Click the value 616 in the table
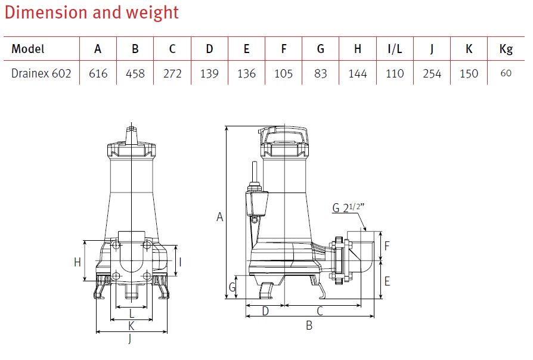pos(98,73)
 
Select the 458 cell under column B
pos(135,73)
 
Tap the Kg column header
pos(506,49)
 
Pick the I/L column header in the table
pos(395,49)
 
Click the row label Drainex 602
pos(41,73)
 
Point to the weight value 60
pos(506,73)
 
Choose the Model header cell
pos(28,49)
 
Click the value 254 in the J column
pos(432,73)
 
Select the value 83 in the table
pos(321,73)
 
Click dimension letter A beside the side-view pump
pos(219,218)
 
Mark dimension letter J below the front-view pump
pos(131,340)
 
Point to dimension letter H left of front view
pos(78,262)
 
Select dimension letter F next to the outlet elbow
pos(387,246)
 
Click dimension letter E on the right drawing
pos(387,281)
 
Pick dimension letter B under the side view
pos(309,325)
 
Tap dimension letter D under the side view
pos(265,311)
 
